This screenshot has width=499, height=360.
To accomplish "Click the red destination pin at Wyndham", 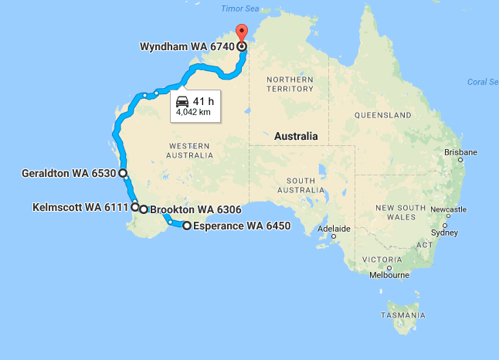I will tap(241, 33).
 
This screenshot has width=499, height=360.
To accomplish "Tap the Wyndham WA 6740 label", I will tap(186, 46).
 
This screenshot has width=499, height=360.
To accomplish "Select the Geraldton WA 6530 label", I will tap(70, 174).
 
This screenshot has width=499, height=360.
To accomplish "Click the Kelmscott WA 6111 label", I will tap(80, 207).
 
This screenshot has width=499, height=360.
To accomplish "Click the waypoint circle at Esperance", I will tap(186, 226).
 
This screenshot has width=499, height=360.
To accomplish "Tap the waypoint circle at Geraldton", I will tap(123, 174).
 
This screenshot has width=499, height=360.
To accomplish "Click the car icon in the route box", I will tap(182, 101).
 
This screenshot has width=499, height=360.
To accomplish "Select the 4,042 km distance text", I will tap(193, 113).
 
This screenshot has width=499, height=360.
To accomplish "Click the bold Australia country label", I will tap(296, 136).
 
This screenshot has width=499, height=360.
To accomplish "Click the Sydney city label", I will tap(444, 233).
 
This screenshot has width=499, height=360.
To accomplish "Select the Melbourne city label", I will tap(389, 275).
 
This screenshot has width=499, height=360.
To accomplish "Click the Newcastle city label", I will tap(448, 209).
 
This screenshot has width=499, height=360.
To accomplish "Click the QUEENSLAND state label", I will tap(383, 115).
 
